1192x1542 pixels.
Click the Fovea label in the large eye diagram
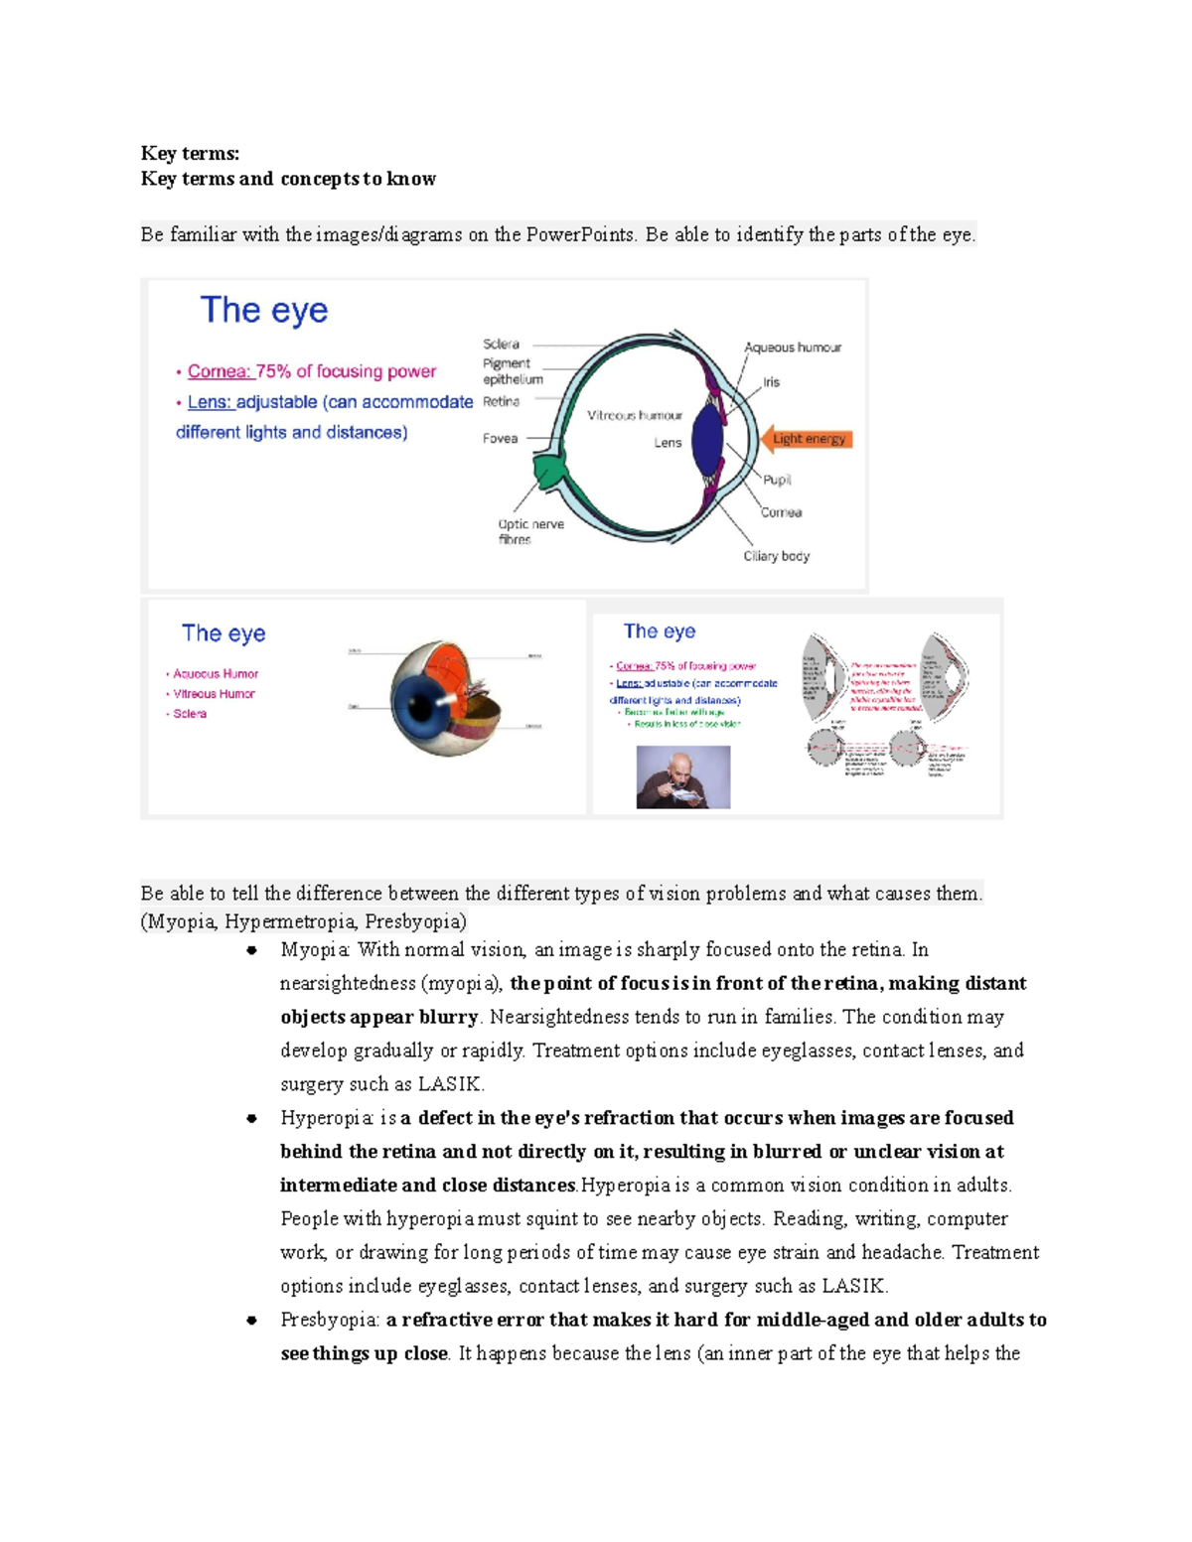point(500,438)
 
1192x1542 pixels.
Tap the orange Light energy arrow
point(807,439)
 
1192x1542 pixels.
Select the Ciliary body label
point(776,556)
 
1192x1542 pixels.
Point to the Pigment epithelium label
point(512,371)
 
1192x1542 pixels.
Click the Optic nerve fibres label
point(529,531)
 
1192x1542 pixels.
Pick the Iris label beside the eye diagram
point(771,382)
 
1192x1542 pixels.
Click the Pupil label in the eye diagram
point(777,480)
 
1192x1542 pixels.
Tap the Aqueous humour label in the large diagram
point(792,348)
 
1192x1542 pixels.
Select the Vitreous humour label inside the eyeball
point(634,415)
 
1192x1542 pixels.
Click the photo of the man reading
point(682,777)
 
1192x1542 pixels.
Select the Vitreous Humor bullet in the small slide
point(214,694)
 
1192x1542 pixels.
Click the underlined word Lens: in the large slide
point(210,402)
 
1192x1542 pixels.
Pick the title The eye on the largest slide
point(263,310)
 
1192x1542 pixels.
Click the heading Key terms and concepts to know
point(288,179)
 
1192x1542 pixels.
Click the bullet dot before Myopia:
point(252,950)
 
